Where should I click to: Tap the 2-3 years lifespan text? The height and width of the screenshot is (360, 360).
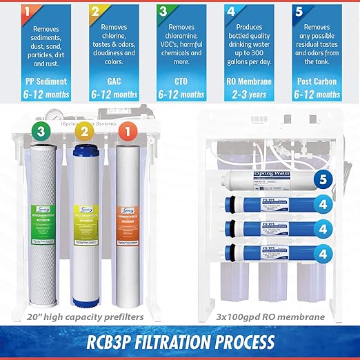[250, 94]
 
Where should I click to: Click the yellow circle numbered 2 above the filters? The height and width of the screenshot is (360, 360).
[84, 130]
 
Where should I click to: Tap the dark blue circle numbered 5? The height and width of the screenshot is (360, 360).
[321, 181]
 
